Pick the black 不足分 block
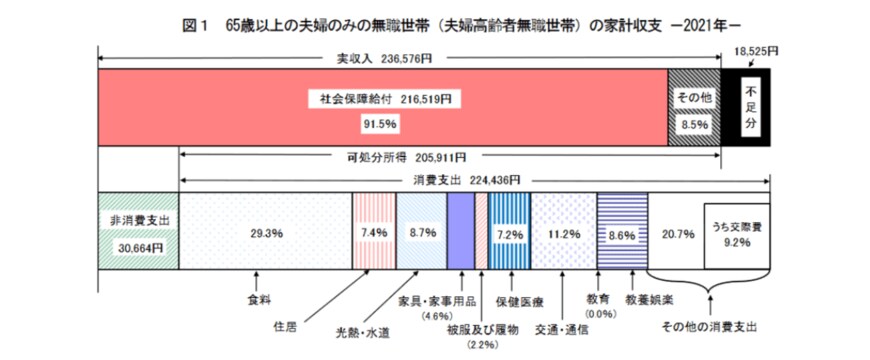[x=750, y=110]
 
